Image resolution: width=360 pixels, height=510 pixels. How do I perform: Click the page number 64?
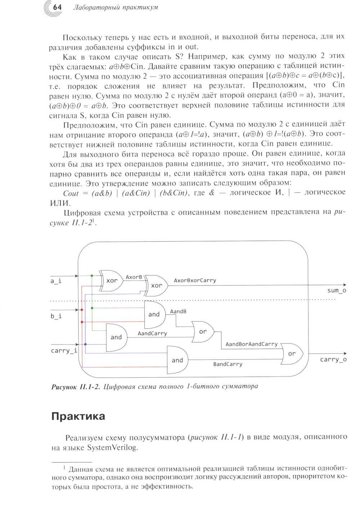tap(57, 7)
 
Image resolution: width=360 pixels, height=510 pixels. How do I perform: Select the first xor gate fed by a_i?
tap(112, 281)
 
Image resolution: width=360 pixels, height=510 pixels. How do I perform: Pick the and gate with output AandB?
tap(154, 314)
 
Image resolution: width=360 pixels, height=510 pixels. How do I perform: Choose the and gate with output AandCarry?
tap(116, 337)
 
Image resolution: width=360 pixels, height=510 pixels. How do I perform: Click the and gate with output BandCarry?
tap(177, 360)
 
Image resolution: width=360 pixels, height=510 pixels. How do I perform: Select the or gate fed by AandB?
tap(203, 332)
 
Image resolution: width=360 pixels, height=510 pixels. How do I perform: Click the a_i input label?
tap(56, 281)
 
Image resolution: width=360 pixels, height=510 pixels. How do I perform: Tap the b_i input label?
tap(56, 316)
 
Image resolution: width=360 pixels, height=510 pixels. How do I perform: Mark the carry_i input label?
tap(64, 351)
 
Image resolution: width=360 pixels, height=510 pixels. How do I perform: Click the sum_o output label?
tap(337, 291)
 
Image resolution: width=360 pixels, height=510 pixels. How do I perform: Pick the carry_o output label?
tap(333, 360)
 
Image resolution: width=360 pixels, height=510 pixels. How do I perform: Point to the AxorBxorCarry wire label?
tap(195, 281)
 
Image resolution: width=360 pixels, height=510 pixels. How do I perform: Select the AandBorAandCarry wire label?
tap(251, 344)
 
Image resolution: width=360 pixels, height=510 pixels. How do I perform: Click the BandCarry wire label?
tap(228, 364)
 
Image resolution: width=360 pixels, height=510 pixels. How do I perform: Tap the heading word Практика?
tap(78, 416)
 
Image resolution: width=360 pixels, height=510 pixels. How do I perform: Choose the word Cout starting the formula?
tap(71, 193)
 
